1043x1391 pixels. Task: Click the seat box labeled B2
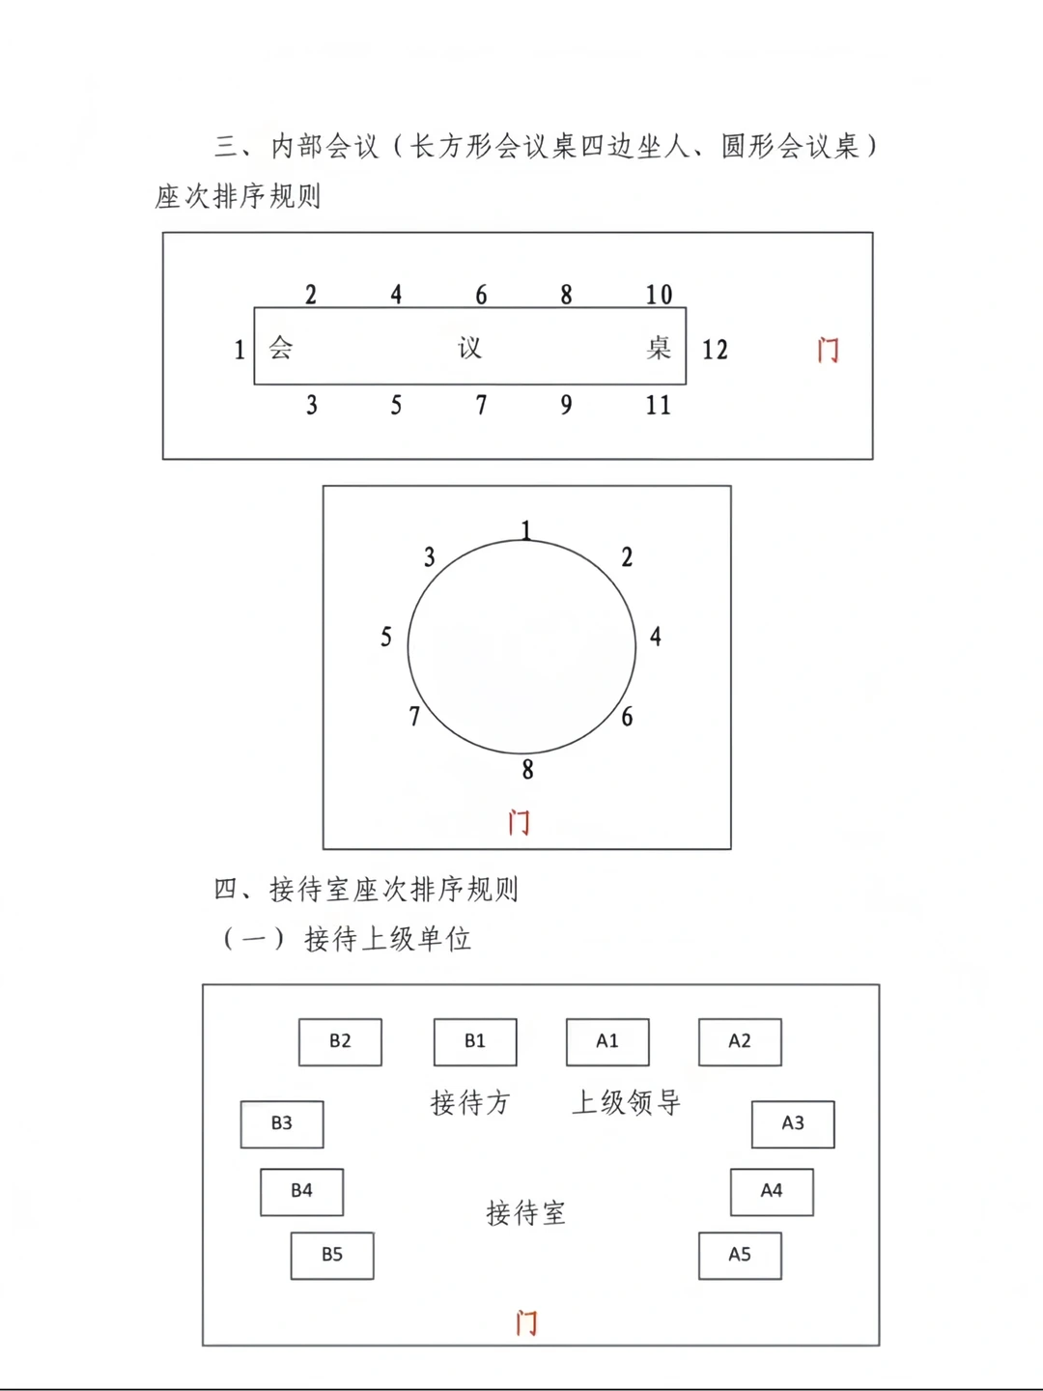point(340,1042)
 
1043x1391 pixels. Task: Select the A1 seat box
point(607,1042)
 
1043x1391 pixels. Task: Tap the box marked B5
point(332,1256)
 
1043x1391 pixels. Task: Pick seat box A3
point(793,1124)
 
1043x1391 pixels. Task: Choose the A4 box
point(772,1192)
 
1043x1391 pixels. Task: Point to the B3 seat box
point(282,1124)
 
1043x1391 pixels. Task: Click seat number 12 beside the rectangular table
point(715,350)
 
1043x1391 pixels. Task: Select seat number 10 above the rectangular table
point(659,295)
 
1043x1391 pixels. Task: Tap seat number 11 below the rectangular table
point(658,406)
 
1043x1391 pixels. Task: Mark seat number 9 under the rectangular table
point(566,406)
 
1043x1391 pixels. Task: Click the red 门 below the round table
point(519,822)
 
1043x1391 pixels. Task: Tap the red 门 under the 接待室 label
point(526,1322)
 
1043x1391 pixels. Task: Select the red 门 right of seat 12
point(828,350)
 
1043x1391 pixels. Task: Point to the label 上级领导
point(627,1102)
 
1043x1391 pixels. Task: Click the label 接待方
point(470,1102)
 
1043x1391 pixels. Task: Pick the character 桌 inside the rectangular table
point(659,348)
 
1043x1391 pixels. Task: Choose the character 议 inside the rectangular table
point(470,348)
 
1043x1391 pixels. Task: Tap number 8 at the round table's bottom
point(527,770)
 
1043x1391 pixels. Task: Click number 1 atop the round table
point(525,529)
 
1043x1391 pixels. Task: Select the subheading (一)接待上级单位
point(348,939)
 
